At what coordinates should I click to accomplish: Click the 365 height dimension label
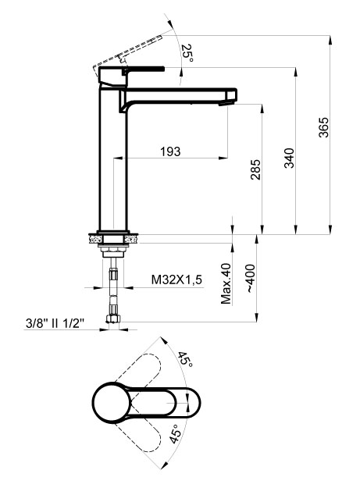pos(324,127)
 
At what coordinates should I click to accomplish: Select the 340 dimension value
pos(290,158)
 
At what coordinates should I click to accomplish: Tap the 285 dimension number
pos(256,169)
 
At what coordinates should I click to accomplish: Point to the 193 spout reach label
pos(170,151)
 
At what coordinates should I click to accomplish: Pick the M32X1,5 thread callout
pos(176,279)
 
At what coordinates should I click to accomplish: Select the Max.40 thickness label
pos(226,283)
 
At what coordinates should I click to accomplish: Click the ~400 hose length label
pos(250,279)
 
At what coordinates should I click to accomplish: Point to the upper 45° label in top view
pos(185,359)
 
